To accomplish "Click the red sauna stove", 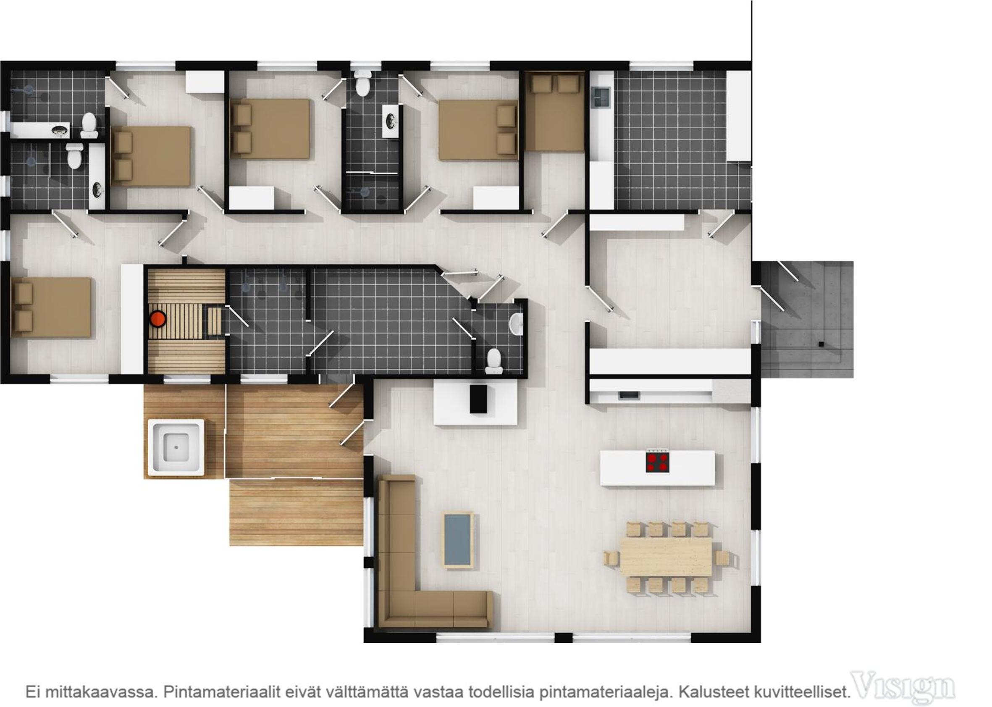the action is click(157, 319).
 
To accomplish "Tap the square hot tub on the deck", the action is click(176, 447).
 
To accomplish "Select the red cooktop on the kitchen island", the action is click(657, 463).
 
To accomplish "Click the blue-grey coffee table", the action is click(457, 540).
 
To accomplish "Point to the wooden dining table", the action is click(666, 556).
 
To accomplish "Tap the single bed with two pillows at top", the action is click(554, 111).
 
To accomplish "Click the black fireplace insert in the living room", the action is click(478, 398).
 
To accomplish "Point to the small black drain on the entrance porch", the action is click(821, 344).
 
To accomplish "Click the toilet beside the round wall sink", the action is click(494, 361).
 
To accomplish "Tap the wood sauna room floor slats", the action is click(186, 322).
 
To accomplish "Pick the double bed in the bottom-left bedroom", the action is click(51, 308).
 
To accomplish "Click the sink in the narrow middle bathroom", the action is click(391, 121).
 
